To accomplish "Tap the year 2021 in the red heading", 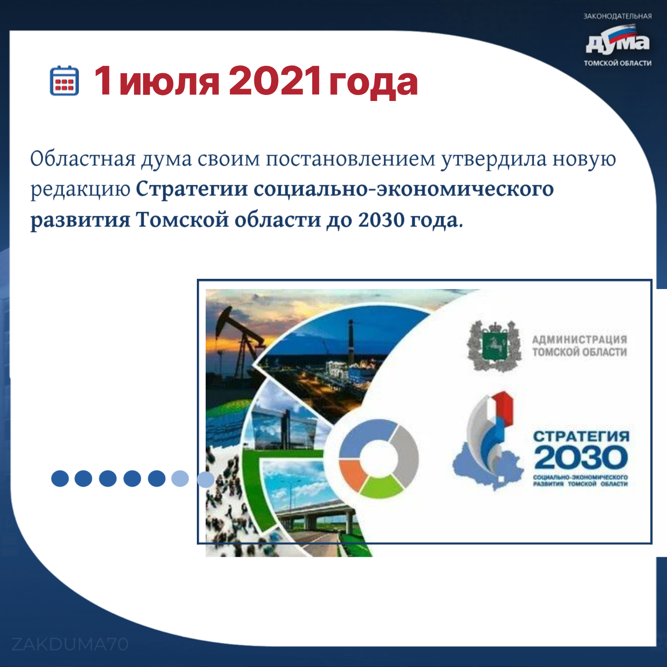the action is coord(274,81).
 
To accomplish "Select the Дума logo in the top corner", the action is coord(617,41).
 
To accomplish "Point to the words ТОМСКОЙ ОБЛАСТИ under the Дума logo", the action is coord(617,63).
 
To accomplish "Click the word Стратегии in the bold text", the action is coord(192,190).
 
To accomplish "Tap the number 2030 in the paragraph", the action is coord(381,220).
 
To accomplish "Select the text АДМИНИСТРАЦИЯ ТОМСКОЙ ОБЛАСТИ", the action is coord(580,346).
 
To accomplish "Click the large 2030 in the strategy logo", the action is coord(581,457).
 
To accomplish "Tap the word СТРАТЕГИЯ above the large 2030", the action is coord(581,436).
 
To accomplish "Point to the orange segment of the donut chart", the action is coord(352,473).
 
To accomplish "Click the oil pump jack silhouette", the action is coord(237,343).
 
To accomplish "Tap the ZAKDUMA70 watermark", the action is coord(70,644).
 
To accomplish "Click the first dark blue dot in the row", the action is coord(60,478).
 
